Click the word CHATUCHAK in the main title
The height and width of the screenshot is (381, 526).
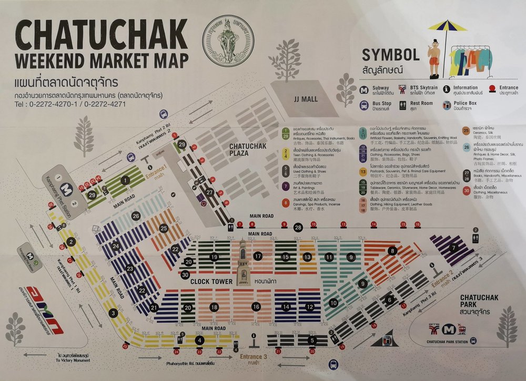100,35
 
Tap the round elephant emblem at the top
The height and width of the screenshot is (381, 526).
228,40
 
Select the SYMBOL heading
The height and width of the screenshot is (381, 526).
390,55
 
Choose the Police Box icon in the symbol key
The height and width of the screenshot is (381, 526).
447,105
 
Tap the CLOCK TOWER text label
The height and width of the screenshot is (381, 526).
211,281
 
